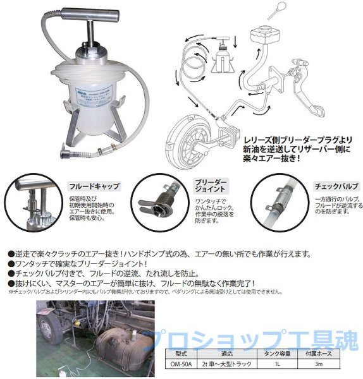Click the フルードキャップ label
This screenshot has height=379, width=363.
point(94,187)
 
